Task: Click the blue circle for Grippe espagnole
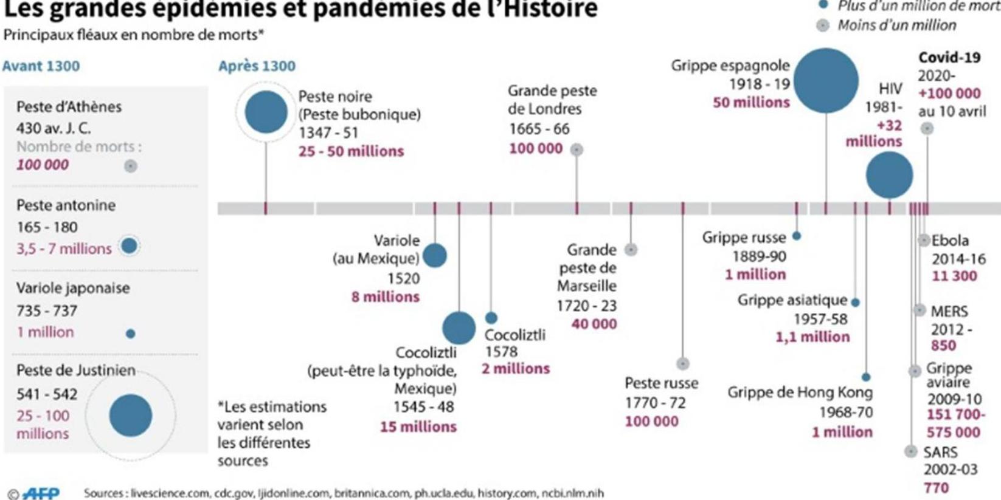[826, 81]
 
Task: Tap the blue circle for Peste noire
[266, 112]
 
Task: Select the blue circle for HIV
[889, 175]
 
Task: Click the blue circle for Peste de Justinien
[130, 416]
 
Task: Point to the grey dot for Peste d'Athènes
[130, 166]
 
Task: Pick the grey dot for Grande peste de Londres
[577, 149]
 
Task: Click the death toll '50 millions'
[751, 103]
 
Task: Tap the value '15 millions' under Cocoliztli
[418, 427]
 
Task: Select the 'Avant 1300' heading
[41, 66]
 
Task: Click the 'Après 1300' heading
[257, 66]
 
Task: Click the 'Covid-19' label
[949, 58]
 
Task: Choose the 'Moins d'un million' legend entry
[896, 26]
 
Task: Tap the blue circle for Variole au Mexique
[434, 256]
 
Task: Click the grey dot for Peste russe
[683, 364]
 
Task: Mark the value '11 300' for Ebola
[954, 276]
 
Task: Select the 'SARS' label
[940, 453]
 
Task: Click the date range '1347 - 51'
[328, 133]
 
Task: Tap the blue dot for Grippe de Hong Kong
[866, 377]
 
